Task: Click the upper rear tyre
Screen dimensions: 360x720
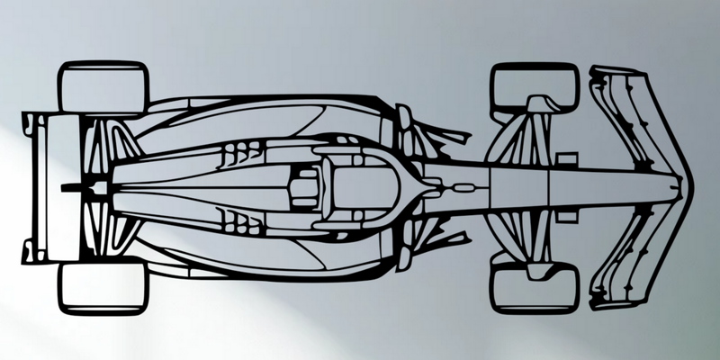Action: click(x=103, y=86)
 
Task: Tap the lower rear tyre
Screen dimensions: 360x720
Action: click(x=103, y=285)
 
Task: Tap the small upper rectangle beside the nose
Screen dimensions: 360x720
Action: click(x=567, y=159)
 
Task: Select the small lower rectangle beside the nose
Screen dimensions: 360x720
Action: click(x=567, y=213)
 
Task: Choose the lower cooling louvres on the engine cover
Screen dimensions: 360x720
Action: click(x=238, y=219)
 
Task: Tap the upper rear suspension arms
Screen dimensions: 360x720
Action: click(x=108, y=144)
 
